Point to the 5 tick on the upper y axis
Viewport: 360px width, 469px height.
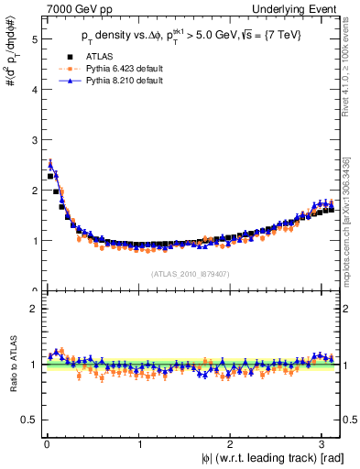(34, 39)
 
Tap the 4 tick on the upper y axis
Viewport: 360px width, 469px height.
(34, 90)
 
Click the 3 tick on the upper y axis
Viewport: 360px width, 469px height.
(34, 140)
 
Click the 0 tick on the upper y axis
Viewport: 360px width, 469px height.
(34, 290)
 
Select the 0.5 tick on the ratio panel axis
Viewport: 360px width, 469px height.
(30, 420)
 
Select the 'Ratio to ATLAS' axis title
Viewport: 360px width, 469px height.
(10, 365)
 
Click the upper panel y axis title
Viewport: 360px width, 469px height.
(10, 60)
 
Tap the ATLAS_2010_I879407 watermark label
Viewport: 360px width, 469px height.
(191, 273)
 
